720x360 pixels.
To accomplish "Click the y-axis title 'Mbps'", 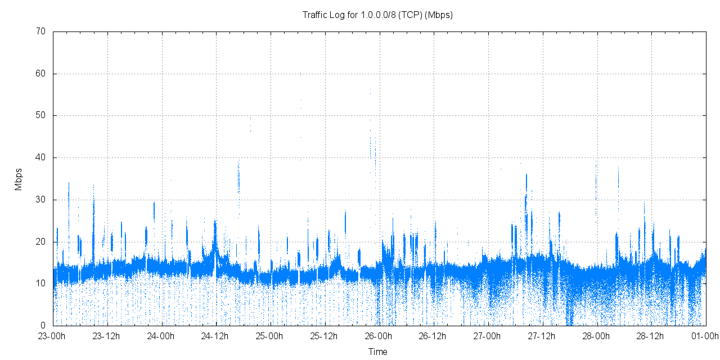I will pos(19,179).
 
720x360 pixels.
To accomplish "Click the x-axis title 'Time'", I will pos(377,352).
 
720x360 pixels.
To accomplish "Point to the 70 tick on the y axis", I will pos(41,31).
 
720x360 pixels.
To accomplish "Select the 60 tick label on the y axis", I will pos(41,74).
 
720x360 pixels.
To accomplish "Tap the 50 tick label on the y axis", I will pos(41,116).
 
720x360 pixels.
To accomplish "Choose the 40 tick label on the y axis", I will pos(41,158).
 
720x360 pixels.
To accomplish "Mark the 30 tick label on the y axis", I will pos(41,200).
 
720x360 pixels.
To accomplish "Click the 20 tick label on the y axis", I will pos(41,242).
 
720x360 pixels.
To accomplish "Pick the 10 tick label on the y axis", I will pos(41,283).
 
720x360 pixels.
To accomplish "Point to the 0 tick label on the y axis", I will pos(43,326).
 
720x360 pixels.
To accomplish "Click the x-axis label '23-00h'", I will pos(53,336).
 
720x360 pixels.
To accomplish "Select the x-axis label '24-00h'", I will pos(162,336).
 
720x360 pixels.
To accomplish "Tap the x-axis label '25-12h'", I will pos(325,336).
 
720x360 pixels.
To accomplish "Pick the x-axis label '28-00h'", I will pos(597,336).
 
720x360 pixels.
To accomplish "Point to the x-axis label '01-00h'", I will pos(705,336).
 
